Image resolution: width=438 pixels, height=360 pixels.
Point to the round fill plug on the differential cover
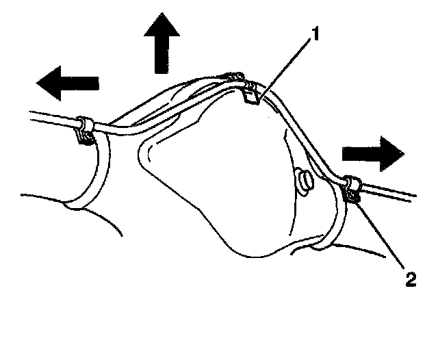(302, 181)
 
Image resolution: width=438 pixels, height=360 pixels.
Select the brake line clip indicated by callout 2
(350, 189)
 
